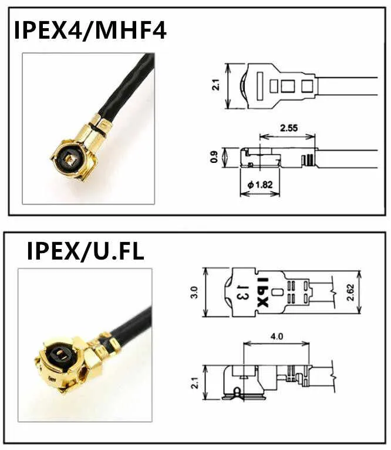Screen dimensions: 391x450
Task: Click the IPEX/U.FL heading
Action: pos(85,251)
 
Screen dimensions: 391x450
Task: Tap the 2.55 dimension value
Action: pos(289,127)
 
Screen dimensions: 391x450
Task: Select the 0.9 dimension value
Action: pos(214,157)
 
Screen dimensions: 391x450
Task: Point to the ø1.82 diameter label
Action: pos(260,185)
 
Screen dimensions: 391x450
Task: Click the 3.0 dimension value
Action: pos(194,292)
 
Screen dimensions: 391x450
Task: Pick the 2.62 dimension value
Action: pos(350,292)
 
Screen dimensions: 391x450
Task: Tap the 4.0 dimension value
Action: pos(277,336)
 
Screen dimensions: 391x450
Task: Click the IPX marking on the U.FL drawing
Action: pos(263,292)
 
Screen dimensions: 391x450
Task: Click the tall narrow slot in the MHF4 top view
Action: pos(260,86)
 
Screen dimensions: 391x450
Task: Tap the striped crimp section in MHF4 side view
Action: pos(308,160)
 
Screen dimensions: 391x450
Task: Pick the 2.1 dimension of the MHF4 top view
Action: pos(216,85)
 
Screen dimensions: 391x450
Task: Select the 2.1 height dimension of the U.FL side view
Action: pos(195,383)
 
